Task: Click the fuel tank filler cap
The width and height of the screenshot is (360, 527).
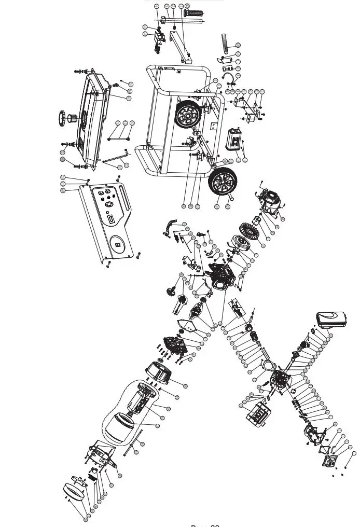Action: pos(66,117)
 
